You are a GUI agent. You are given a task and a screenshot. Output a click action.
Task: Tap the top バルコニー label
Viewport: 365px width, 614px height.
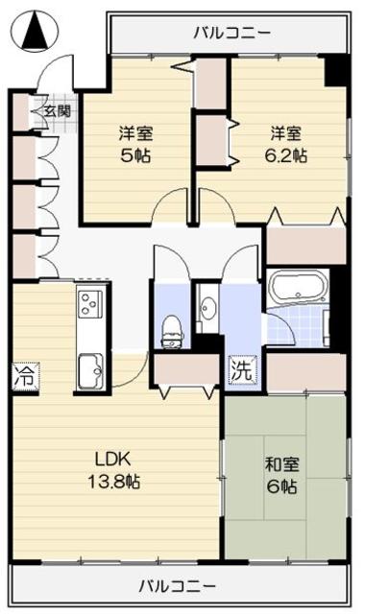(231, 33)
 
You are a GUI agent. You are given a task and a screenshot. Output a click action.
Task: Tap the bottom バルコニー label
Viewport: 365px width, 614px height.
(175, 584)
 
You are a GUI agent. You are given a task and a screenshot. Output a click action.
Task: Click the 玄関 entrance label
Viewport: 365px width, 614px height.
(56, 110)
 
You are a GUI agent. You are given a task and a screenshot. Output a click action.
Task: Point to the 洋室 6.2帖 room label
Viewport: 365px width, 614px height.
(286, 144)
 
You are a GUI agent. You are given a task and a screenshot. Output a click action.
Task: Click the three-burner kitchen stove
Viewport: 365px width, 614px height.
(90, 306)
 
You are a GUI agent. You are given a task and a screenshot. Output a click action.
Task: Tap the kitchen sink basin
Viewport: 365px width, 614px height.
(89, 366)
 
